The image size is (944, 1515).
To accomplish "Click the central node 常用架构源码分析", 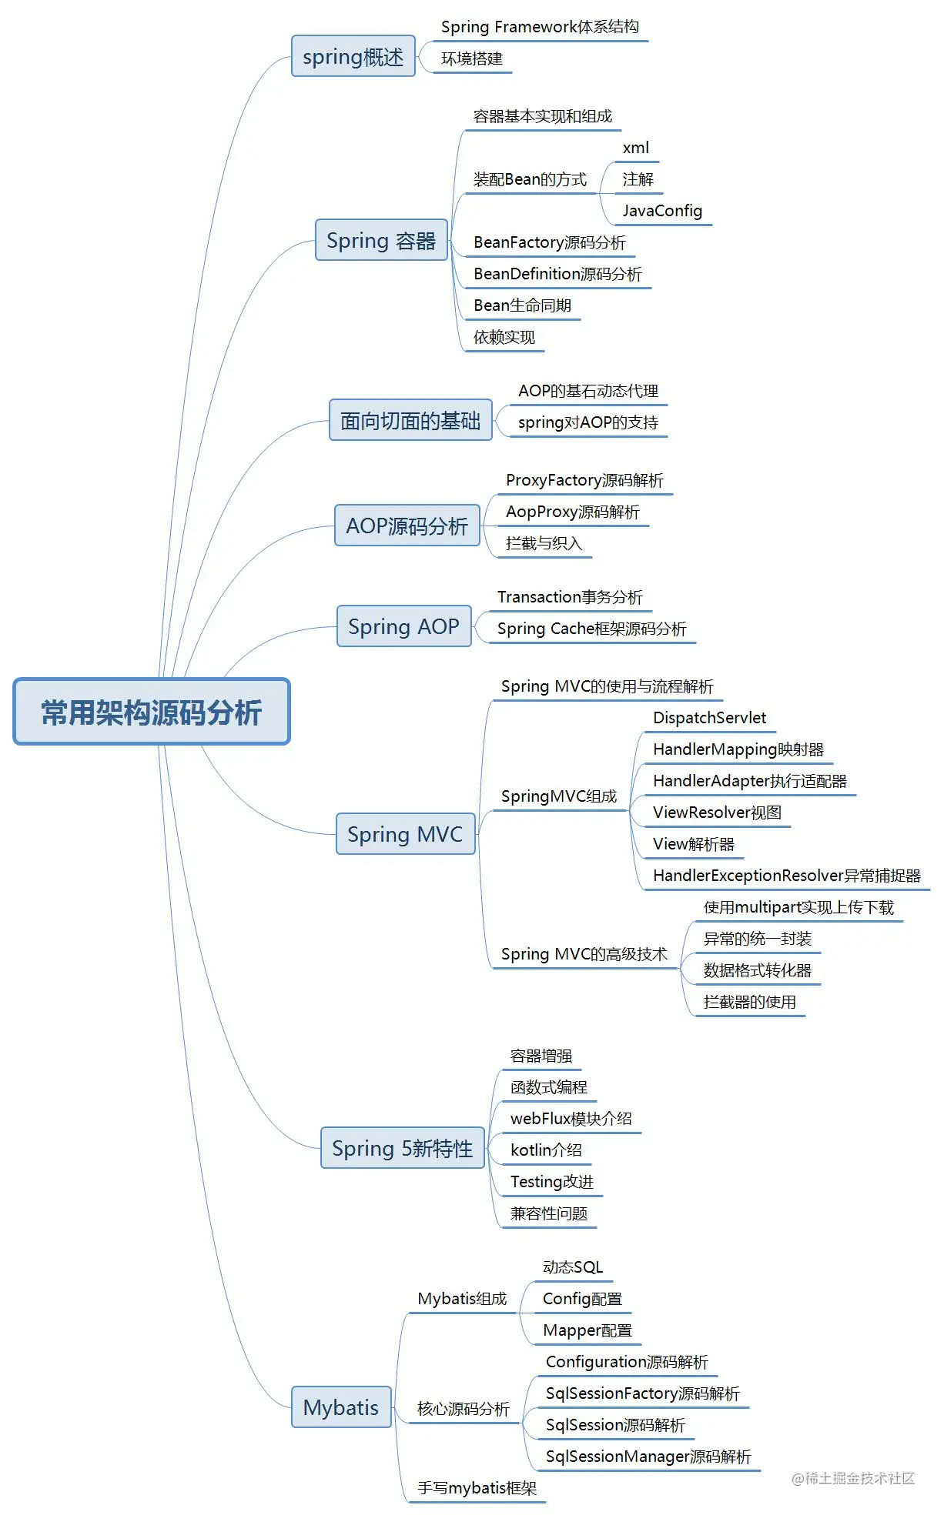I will [152, 712].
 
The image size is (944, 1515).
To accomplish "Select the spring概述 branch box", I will [353, 56].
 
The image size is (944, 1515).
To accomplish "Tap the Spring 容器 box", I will [381, 240].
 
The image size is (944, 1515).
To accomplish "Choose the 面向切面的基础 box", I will [410, 420].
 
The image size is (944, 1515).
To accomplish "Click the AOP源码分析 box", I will [407, 526].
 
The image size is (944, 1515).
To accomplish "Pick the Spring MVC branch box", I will [405, 834].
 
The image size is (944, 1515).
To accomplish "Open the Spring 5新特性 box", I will [402, 1148].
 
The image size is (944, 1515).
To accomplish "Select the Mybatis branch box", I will [341, 1407].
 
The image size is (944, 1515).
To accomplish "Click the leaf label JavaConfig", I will [662, 211].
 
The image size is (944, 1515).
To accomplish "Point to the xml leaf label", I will [635, 148].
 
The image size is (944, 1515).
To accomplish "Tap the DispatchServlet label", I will [709, 718].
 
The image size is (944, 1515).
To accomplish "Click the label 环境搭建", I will [471, 59].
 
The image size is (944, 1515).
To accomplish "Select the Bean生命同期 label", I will [522, 305].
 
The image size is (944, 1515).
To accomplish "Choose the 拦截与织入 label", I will [544, 543].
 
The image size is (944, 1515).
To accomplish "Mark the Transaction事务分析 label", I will [570, 597].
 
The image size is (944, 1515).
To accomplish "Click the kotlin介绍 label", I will [546, 1150].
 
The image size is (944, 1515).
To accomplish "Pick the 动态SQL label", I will [573, 1267].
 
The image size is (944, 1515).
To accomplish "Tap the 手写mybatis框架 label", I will [477, 1488].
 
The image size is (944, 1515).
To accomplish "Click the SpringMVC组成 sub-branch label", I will [559, 796].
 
